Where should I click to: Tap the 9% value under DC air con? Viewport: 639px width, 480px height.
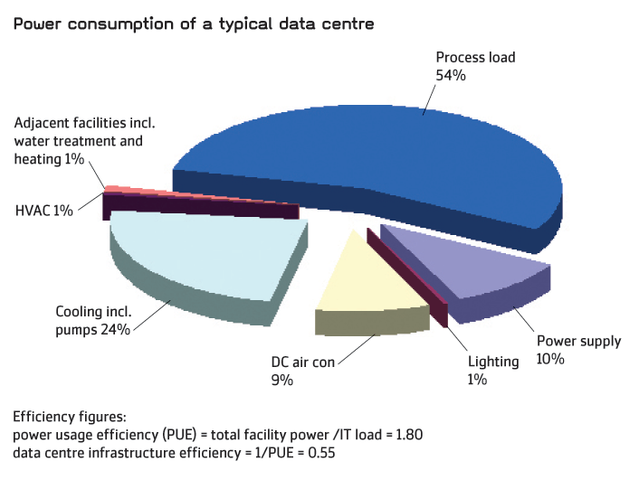pos(281,381)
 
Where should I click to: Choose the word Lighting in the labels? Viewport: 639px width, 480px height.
pos(493,362)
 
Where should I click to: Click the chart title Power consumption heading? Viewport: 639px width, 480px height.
pos(193,23)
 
